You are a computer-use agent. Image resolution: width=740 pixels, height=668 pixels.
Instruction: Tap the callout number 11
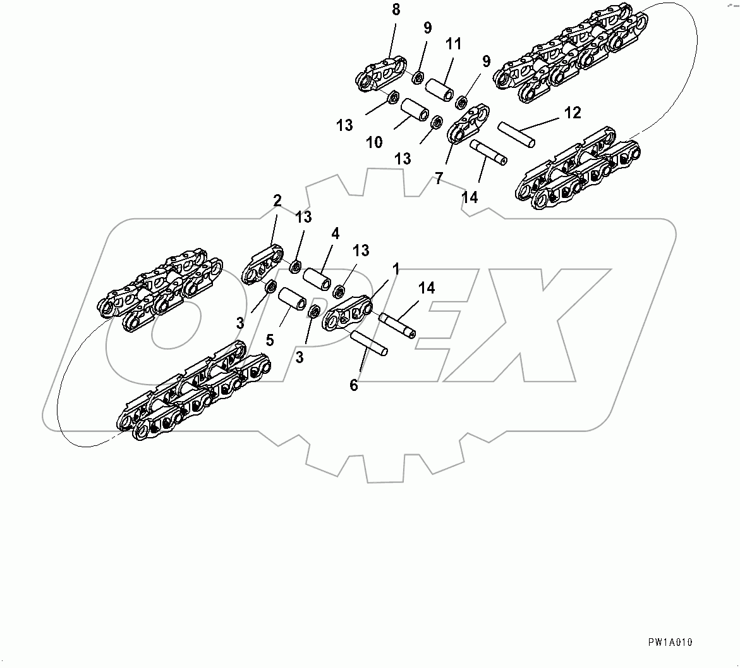pyautogui.click(x=453, y=46)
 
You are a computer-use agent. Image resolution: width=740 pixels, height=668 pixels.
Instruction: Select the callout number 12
pyautogui.click(x=572, y=113)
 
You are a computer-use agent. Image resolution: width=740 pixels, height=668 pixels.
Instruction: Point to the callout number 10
pyautogui.click(x=374, y=142)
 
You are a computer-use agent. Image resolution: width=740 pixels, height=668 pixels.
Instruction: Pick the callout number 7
pyautogui.click(x=439, y=179)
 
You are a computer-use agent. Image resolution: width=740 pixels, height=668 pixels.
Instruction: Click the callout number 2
pyautogui.click(x=277, y=201)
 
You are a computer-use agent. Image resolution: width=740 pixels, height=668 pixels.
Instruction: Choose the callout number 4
pyautogui.click(x=335, y=233)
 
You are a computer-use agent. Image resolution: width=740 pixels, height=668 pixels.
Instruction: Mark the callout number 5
pyautogui.click(x=270, y=340)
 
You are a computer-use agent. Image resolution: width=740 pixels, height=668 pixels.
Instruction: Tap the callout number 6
pyautogui.click(x=354, y=384)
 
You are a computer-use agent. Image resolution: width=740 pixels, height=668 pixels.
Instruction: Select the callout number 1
pyautogui.click(x=396, y=269)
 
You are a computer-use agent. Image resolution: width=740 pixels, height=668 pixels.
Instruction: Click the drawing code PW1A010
pyautogui.click(x=670, y=642)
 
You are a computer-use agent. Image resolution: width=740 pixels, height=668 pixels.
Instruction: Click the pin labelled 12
pyautogui.click(x=516, y=134)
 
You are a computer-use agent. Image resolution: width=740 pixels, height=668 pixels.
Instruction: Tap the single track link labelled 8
pyautogui.click(x=381, y=73)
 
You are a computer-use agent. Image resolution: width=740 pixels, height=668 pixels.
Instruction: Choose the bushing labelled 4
pyautogui.click(x=317, y=279)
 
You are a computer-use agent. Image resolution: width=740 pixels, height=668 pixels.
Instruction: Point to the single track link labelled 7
pyautogui.click(x=470, y=124)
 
